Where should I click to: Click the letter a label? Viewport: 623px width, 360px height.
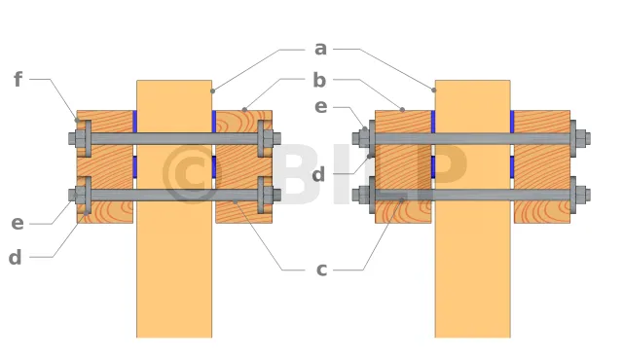[x=320, y=50]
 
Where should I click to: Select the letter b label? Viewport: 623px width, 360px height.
[x=319, y=80]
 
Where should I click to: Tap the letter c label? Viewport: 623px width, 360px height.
[x=321, y=270]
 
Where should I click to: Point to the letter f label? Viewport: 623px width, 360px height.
[x=18, y=79]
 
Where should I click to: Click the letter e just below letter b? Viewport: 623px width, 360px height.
[x=321, y=107]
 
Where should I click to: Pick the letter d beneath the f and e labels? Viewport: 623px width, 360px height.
[x=16, y=257]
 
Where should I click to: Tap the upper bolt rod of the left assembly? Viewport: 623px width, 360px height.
[x=174, y=138]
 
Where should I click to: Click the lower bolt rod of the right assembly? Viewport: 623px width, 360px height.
[x=471, y=195]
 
